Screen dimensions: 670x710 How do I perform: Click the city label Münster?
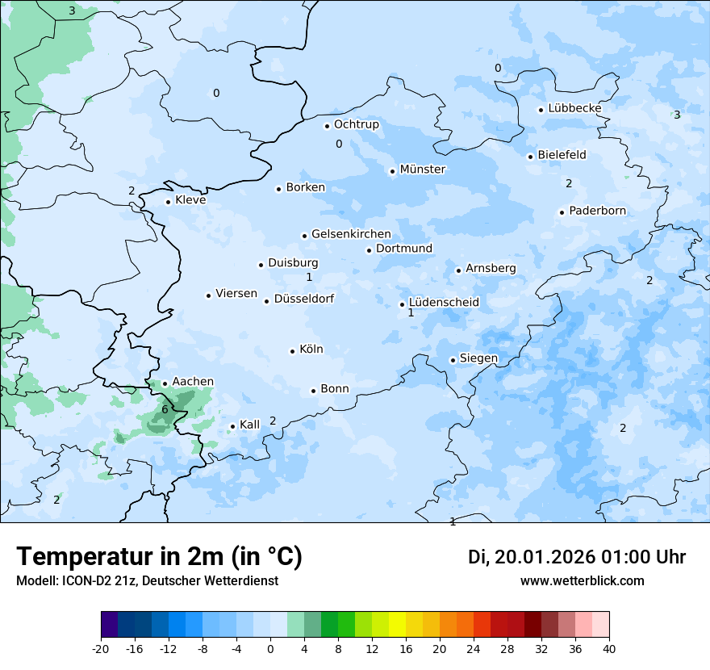pyautogui.click(x=422, y=170)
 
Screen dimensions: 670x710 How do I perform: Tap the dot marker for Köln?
pyautogui.click(x=292, y=351)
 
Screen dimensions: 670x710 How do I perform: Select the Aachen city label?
pyautogui.click(x=193, y=382)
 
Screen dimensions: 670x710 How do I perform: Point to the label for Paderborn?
pyautogui.click(x=597, y=211)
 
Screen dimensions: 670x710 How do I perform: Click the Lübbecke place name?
pyautogui.click(x=574, y=108)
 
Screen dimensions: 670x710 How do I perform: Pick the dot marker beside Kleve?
pyautogui.click(x=168, y=202)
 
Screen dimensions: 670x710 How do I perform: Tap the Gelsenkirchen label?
pyautogui.click(x=351, y=234)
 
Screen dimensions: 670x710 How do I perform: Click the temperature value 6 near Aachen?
pyautogui.click(x=165, y=409)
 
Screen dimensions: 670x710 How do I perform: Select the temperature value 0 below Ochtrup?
pyautogui.click(x=339, y=144)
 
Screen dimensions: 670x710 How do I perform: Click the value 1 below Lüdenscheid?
pyautogui.click(x=411, y=312)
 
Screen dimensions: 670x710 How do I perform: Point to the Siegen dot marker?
pyautogui.click(x=453, y=360)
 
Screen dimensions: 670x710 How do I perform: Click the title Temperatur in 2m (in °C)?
pyautogui.click(x=159, y=556)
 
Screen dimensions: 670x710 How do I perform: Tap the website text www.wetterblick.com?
pyautogui.click(x=582, y=580)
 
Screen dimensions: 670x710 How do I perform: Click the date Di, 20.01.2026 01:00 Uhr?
pyautogui.click(x=577, y=557)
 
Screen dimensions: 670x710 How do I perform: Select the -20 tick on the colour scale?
pyautogui.click(x=101, y=648)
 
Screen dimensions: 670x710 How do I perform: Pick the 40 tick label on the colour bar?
pyautogui.click(x=609, y=648)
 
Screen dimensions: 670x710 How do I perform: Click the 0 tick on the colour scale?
pyautogui.click(x=270, y=648)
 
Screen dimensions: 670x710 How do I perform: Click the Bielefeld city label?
pyautogui.click(x=562, y=154)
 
